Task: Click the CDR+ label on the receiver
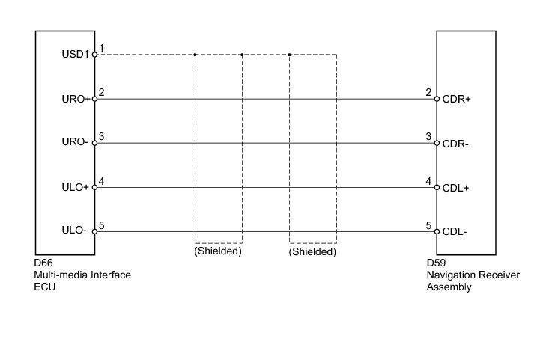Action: coord(456,99)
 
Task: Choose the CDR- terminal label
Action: coord(455,144)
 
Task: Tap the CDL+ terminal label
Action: coord(455,188)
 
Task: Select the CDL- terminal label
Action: coord(455,232)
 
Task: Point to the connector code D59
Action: coord(436,263)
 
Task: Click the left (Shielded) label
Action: coord(218,252)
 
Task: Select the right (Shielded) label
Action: coord(312,252)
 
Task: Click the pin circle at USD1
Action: coord(95,55)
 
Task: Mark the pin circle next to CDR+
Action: coord(436,99)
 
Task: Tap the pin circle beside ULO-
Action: coord(95,232)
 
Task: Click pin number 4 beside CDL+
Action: coord(428,181)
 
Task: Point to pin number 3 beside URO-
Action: coord(101,137)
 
